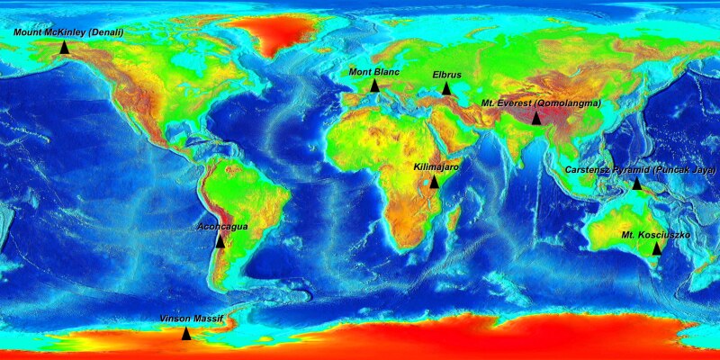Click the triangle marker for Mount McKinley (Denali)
pos(65,48)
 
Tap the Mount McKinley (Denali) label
pos(68,31)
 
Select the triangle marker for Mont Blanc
pos(374,85)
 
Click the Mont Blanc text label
pos(373,71)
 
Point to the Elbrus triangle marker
pos(446,88)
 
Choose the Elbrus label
pos(446,74)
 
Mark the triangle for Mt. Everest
pos(536,118)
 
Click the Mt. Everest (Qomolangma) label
pos(542,103)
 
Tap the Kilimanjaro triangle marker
pos(434,182)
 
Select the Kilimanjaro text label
pos(436,167)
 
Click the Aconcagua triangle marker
pos(220,241)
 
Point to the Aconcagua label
pos(222,227)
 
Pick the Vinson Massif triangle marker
pos(186,334)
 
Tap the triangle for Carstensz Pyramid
pos(637,184)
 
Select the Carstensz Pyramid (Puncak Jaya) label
pos(640,169)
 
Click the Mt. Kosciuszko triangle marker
pos(656,248)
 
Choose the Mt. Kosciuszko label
pos(656,234)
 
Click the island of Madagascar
pos(453,220)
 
